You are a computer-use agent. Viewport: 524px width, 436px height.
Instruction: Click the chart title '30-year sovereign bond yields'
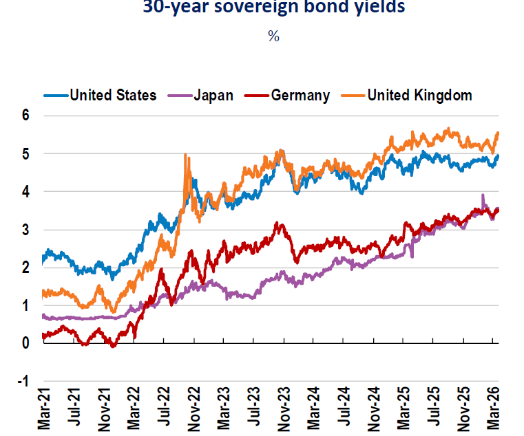273,8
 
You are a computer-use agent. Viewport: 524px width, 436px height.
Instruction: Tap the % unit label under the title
273,36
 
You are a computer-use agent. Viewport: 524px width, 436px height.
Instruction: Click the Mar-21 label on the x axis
44,411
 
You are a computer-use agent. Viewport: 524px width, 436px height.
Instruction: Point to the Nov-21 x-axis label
104,411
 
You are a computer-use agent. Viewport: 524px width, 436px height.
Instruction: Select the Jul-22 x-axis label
165,411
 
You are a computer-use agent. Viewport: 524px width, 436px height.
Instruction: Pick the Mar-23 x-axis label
224,411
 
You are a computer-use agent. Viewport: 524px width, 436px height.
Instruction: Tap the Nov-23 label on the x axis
285,411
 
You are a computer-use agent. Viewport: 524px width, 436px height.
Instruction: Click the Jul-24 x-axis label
345,411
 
